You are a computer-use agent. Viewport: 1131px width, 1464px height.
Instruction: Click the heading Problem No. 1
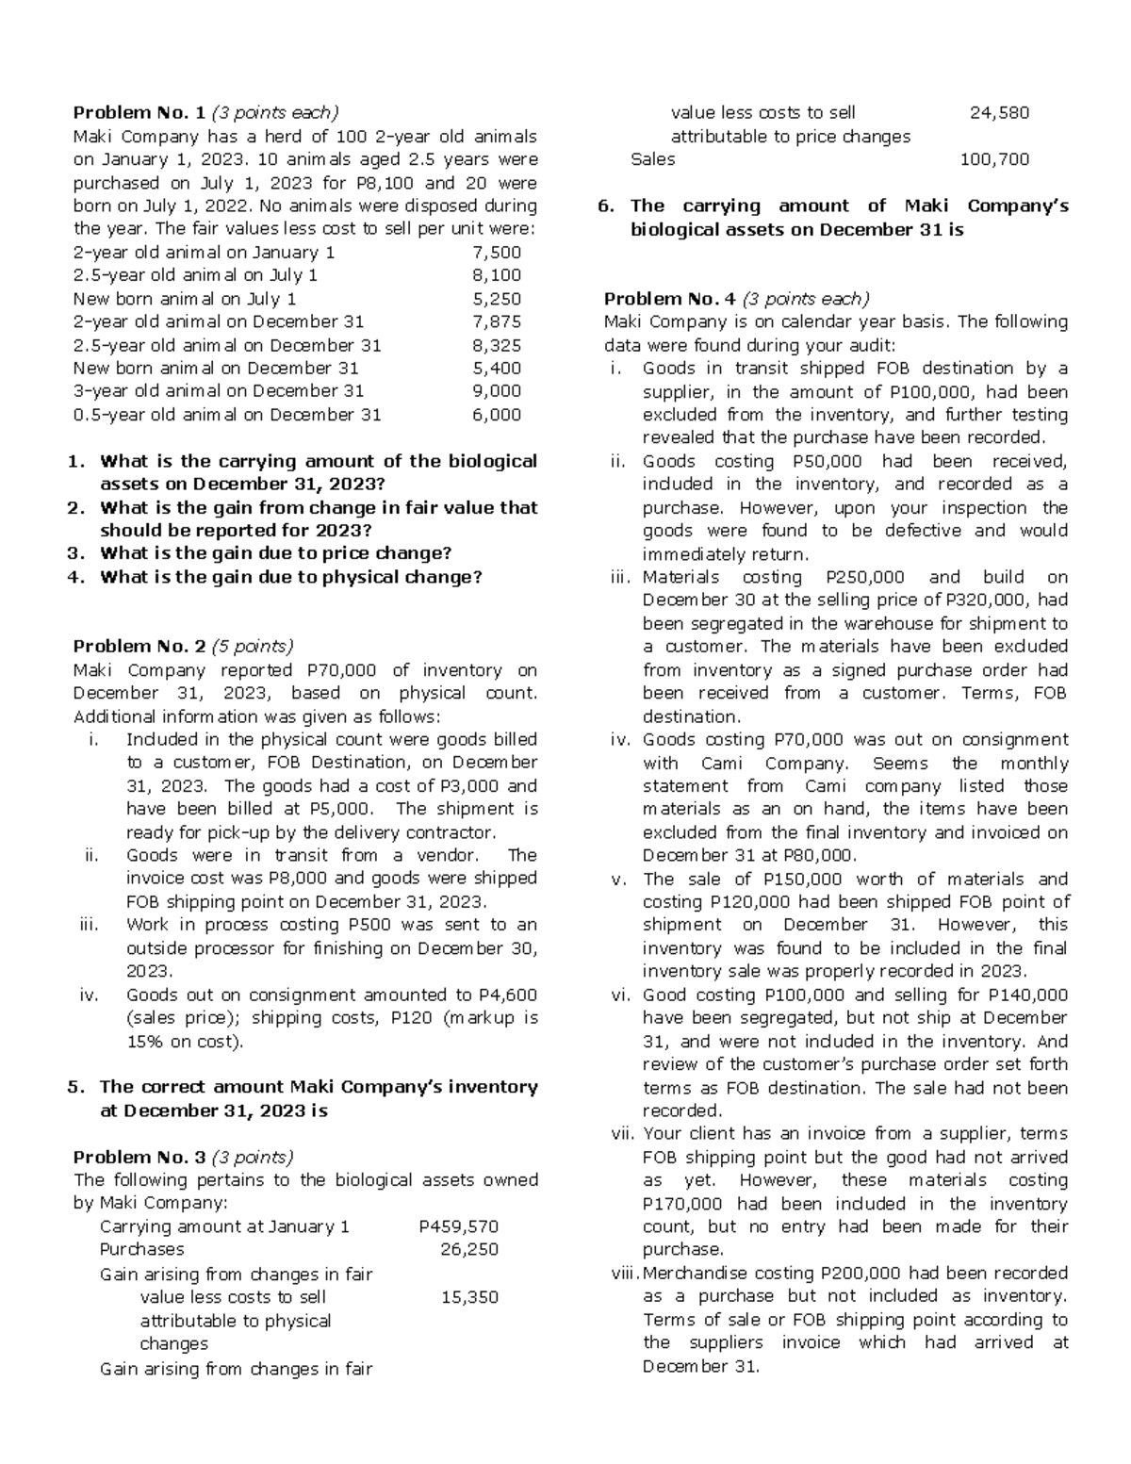(x=139, y=113)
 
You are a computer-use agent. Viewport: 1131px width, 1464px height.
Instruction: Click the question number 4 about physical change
(x=75, y=577)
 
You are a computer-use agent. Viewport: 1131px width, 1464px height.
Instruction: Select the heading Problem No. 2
(x=139, y=647)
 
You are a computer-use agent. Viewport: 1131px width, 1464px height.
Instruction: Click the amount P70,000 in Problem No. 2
(x=341, y=670)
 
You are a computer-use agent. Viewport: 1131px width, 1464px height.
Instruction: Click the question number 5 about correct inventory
(x=75, y=1087)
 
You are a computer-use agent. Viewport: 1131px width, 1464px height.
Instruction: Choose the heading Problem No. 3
(x=139, y=1157)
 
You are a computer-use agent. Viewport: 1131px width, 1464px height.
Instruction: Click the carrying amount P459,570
(x=458, y=1226)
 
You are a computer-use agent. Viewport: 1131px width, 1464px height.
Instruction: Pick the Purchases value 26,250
(x=468, y=1249)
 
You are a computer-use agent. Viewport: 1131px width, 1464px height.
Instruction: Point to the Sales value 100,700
(x=994, y=159)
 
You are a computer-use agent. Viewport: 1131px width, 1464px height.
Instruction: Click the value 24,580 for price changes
(x=999, y=113)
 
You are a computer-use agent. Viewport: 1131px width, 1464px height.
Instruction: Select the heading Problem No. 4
(x=669, y=299)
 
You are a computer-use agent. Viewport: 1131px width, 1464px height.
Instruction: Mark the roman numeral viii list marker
(x=625, y=1273)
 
